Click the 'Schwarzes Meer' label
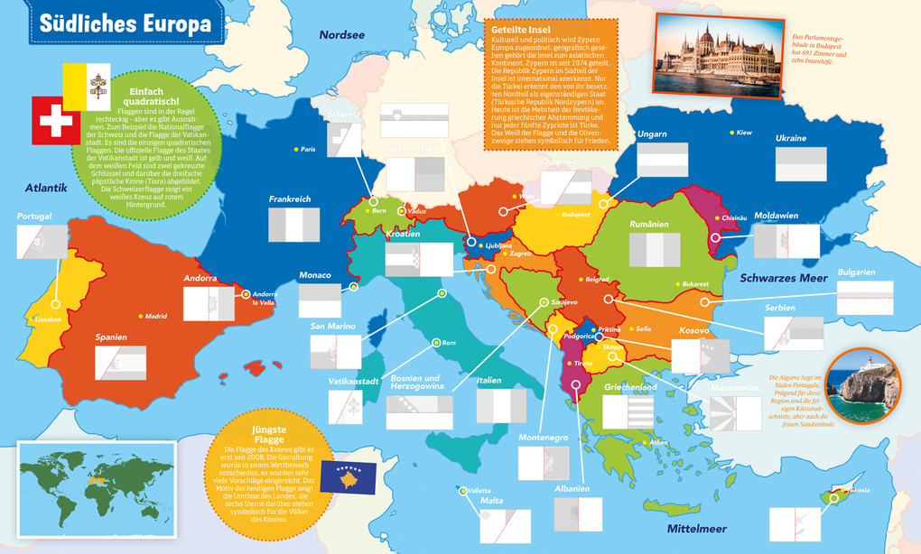coord(783,278)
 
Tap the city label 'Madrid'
coord(156,316)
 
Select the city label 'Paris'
coord(307,149)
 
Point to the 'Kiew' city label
coord(743,133)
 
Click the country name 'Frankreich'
coord(289,199)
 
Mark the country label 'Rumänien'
coord(649,224)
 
